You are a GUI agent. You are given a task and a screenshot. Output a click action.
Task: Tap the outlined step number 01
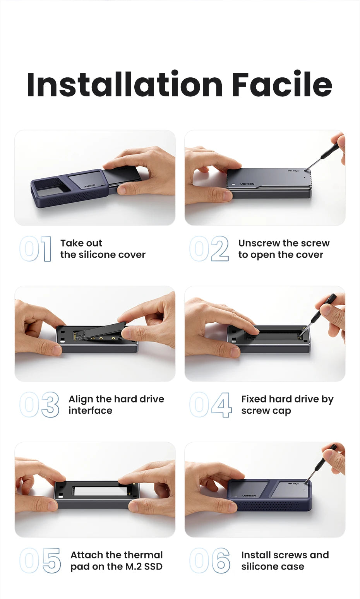[x=36, y=249]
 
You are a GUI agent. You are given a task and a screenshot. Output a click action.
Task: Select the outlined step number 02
[x=209, y=249]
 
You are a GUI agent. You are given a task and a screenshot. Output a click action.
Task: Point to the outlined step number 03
[x=39, y=405]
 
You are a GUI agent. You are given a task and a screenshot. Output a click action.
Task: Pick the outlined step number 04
[x=211, y=405]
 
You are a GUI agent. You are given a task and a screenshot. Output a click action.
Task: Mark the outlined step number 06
[x=210, y=560]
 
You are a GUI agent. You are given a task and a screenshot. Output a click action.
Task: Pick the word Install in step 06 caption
[x=255, y=555]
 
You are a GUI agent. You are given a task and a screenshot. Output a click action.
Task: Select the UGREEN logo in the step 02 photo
[x=247, y=184]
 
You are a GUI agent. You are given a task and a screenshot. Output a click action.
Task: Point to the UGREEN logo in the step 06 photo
[x=249, y=496]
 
